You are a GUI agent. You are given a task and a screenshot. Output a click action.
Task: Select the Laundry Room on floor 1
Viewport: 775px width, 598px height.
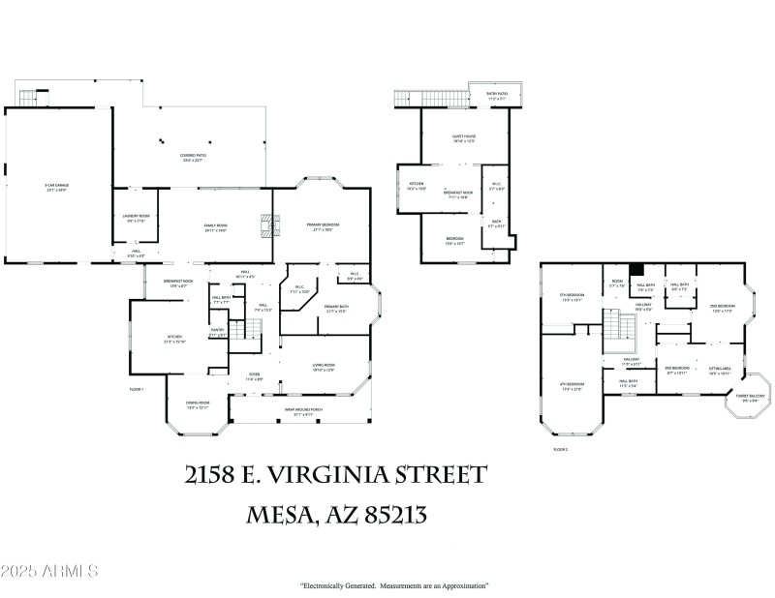(136, 219)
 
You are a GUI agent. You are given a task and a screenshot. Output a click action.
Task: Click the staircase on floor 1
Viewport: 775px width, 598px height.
(251, 330)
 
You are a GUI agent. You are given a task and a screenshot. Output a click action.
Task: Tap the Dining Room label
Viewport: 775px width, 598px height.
(198, 406)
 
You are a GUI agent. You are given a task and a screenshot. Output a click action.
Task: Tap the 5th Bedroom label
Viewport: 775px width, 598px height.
(571, 297)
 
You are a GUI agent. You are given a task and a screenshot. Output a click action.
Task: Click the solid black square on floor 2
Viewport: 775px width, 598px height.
(636, 272)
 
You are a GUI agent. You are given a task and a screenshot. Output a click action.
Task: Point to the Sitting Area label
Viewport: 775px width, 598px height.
(719, 370)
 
